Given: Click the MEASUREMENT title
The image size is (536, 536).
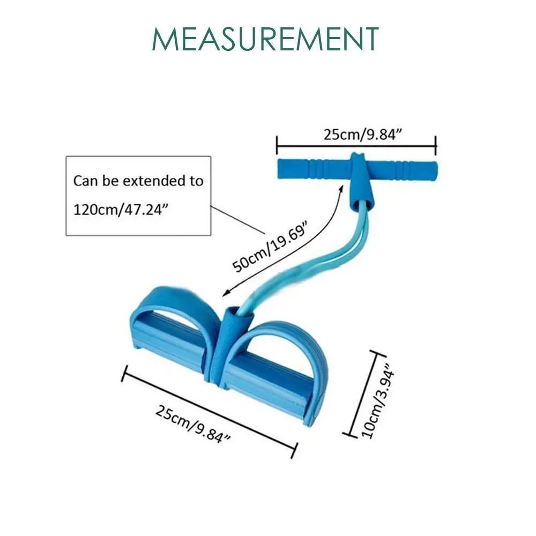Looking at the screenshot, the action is coord(265,39).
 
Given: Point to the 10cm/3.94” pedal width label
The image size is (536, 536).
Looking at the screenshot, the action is coord(378,400).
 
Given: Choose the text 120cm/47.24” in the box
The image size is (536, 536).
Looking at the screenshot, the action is coord(121,209).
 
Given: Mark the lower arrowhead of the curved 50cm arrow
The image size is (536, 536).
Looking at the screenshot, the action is coord(226,293).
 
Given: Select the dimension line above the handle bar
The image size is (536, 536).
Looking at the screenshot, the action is coord(356,146).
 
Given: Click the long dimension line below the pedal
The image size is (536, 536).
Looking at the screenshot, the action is coord(210,412).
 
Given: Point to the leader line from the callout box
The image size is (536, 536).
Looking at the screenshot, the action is coord(237,220).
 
